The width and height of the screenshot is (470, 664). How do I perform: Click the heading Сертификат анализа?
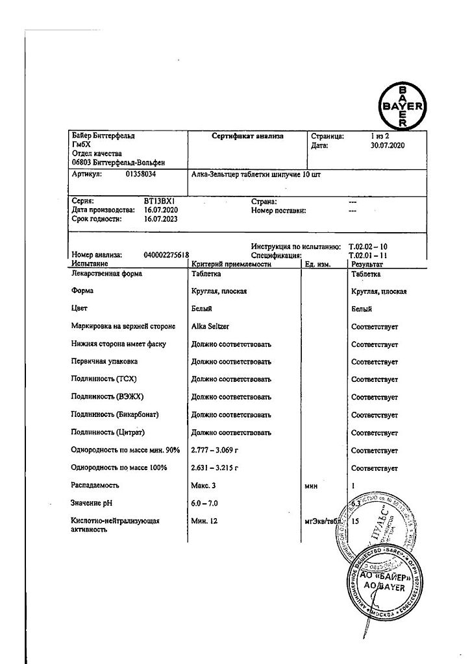(247, 137)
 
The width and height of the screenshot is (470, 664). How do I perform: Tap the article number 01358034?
(141, 174)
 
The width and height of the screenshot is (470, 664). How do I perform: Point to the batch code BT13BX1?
(160, 202)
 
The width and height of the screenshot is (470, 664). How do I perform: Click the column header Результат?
(367, 265)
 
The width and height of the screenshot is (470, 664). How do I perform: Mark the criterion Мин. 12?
(206, 520)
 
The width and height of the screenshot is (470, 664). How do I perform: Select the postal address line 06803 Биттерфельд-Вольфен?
(118, 163)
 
